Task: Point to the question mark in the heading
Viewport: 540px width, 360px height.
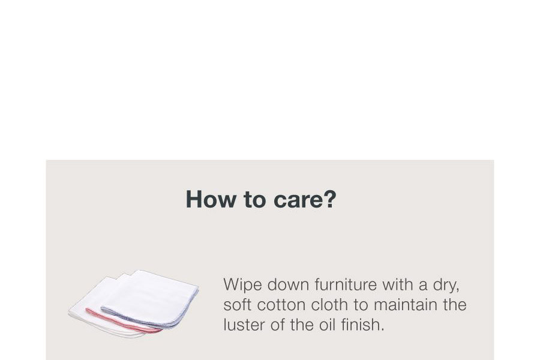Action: click(x=329, y=199)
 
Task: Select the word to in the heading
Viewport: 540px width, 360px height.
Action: click(x=255, y=200)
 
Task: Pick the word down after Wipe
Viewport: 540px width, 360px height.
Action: click(x=288, y=284)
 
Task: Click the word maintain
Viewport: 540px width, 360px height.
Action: click(x=406, y=305)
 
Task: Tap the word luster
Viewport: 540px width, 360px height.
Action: click(x=244, y=325)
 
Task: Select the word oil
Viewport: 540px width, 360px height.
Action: click(x=327, y=325)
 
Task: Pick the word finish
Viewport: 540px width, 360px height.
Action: click(x=362, y=325)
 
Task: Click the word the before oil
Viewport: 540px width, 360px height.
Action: click(x=302, y=325)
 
